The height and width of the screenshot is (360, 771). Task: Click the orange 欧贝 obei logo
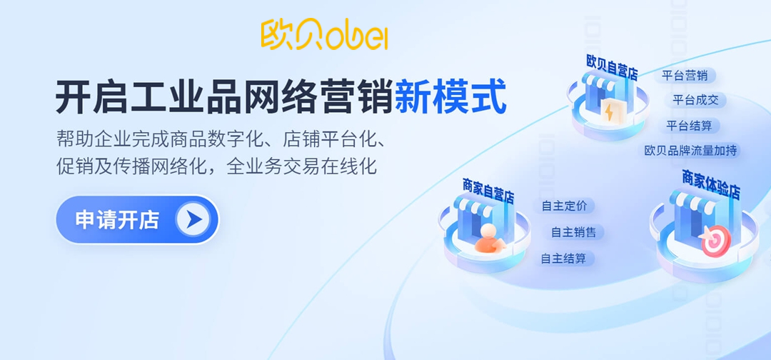click(x=324, y=34)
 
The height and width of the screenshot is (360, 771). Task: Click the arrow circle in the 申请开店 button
click(x=193, y=220)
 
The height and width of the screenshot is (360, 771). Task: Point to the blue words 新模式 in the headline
click(x=450, y=97)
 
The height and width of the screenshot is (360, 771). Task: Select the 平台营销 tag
click(x=685, y=75)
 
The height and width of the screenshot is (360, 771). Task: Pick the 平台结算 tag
click(x=689, y=126)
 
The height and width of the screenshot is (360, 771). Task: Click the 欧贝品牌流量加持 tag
click(x=690, y=151)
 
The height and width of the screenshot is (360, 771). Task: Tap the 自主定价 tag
click(x=564, y=206)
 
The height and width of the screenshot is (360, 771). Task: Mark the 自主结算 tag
click(x=563, y=259)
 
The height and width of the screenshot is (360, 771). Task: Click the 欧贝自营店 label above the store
click(x=612, y=66)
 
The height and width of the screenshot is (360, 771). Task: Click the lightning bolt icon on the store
click(x=610, y=111)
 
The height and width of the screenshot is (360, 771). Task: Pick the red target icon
click(x=715, y=241)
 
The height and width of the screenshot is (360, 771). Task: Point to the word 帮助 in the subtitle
click(x=72, y=138)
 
